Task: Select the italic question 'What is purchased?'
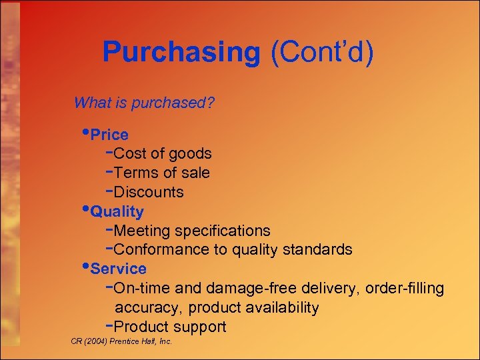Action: pyautogui.click(x=144, y=103)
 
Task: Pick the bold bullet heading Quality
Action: pyautogui.click(x=117, y=212)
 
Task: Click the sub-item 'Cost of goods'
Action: pyautogui.click(x=163, y=154)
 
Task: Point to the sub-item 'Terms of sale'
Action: pyautogui.click(x=162, y=173)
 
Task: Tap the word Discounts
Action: pyautogui.click(x=149, y=193)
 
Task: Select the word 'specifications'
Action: pyautogui.click(x=222, y=231)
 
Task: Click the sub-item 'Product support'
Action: pyautogui.click(x=170, y=327)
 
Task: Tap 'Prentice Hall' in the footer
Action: pyautogui.click(x=135, y=341)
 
